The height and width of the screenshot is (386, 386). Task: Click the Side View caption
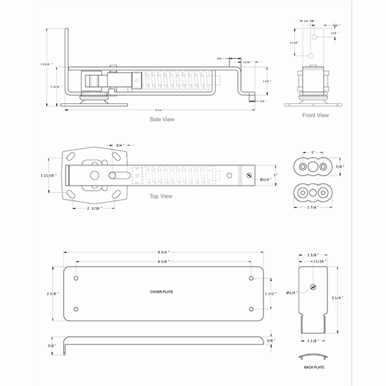[x=161, y=119]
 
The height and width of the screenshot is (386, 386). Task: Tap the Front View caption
[x=315, y=115]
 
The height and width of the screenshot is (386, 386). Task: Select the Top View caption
[x=160, y=196]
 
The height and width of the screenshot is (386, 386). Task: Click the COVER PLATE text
[x=161, y=292]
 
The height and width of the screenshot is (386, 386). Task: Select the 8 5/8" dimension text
[x=165, y=262]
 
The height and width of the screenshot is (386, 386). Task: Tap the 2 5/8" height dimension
[x=53, y=293]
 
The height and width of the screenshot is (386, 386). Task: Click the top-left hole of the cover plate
[x=76, y=279]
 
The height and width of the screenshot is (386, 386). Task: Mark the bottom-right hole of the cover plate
[x=251, y=309]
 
